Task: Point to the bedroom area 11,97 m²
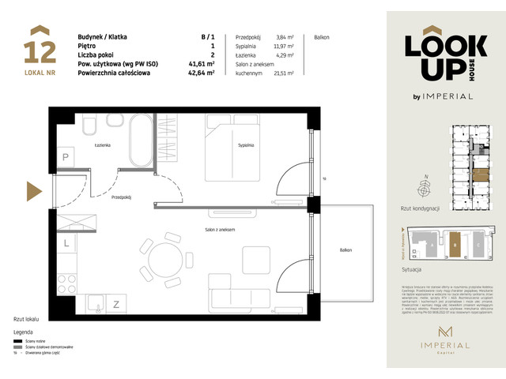283,47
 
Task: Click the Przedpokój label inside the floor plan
121,197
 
